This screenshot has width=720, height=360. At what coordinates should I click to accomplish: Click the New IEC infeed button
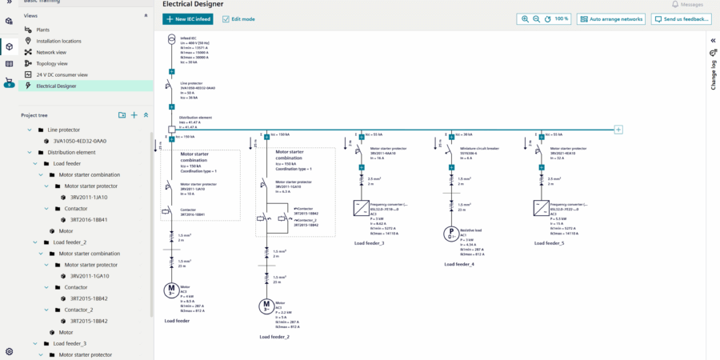188,18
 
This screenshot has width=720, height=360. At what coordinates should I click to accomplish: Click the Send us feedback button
678,18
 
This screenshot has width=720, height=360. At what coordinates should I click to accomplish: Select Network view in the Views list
50,51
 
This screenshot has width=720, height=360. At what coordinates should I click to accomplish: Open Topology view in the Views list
52,62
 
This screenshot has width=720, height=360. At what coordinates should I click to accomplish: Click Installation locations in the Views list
58,41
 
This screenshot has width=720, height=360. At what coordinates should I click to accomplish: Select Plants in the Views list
42,30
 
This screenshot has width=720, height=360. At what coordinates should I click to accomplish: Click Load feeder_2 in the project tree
70,242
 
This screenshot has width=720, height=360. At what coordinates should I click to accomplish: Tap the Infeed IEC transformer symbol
170,40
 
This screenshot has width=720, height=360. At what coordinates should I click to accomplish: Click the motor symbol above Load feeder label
170,290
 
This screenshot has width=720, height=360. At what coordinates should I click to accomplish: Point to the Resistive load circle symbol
450,234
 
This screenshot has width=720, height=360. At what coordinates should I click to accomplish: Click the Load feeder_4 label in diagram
459,264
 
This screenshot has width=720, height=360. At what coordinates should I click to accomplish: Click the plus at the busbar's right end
618,129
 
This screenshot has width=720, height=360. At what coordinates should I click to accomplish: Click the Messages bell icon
675,4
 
